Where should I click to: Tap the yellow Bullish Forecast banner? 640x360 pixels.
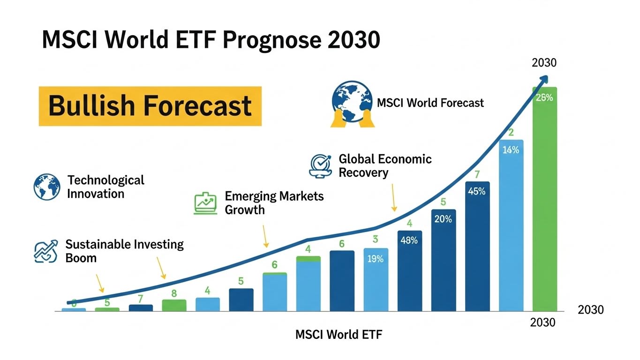(x=150, y=106)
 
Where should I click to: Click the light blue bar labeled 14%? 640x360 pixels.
(x=511, y=225)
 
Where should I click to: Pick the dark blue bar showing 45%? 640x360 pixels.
(x=477, y=246)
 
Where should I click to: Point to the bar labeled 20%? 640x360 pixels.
(x=444, y=260)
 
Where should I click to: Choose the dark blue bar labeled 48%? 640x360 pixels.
(x=410, y=271)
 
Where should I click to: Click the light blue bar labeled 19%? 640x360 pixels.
(x=376, y=279)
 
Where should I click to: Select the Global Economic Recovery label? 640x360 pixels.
(x=384, y=165)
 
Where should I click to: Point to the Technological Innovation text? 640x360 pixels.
(x=105, y=187)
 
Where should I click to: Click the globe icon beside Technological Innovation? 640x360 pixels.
(x=47, y=187)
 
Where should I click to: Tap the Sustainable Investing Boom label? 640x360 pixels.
(x=124, y=251)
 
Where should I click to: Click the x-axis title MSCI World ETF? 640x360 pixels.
(x=339, y=335)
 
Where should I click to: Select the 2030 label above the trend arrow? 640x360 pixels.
(x=544, y=63)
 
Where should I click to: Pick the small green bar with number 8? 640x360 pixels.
(x=174, y=305)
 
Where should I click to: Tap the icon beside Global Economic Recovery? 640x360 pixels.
(x=320, y=165)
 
